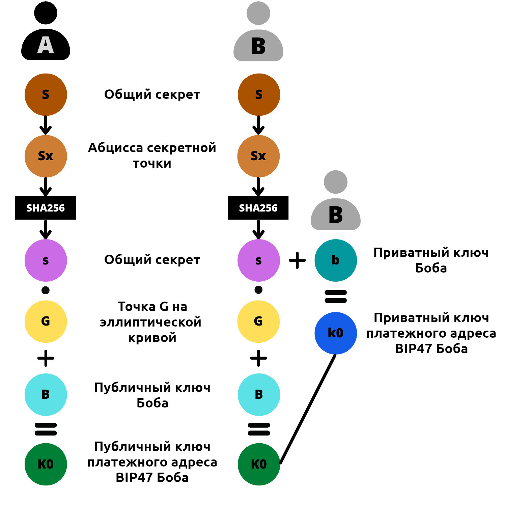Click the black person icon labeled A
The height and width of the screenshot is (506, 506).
[x=46, y=34]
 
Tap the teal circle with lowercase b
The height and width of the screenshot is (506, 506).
[x=335, y=260]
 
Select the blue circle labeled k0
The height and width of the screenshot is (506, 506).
[x=335, y=333]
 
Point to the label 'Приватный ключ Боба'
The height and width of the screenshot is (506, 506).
[x=431, y=260]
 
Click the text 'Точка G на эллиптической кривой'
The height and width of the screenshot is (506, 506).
[x=152, y=322]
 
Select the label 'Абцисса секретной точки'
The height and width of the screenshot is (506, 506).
[x=152, y=155]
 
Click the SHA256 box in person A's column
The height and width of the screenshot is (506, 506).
[x=46, y=208]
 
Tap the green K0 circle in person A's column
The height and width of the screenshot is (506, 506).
[x=46, y=464]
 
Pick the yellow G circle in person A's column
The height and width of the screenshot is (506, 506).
[x=46, y=321]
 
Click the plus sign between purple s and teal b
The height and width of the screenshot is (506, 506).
[x=297, y=260]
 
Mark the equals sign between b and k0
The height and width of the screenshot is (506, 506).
[x=335, y=297]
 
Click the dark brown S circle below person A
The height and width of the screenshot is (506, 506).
[x=46, y=94]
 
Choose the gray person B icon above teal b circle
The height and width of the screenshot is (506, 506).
[x=335, y=202]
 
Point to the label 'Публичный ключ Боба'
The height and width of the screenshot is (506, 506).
[x=152, y=395]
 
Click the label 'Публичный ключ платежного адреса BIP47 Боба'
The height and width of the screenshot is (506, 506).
[x=152, y=462]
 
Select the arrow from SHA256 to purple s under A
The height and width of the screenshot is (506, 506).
[x=46, y=229]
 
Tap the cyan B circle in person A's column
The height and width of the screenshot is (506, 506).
[x=46, y=394]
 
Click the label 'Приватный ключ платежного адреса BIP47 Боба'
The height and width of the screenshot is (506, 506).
[x=431, y=333]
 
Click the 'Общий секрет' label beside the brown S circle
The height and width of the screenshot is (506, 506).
[x=152, y=94]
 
